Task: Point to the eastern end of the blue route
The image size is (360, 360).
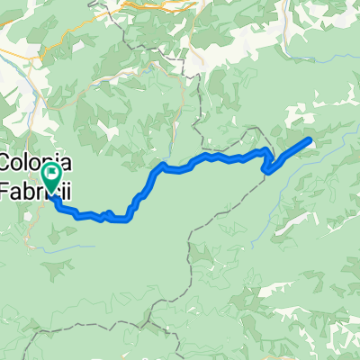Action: click(x=310, y=139)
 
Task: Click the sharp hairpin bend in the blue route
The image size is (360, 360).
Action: click(x=265, y=167)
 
